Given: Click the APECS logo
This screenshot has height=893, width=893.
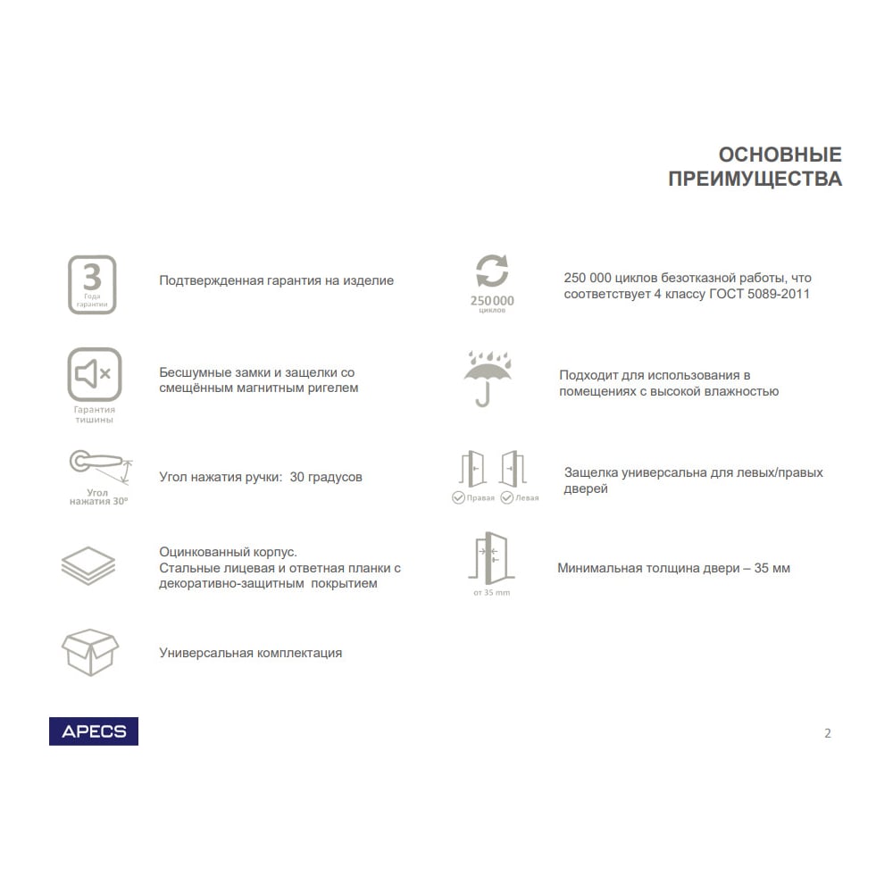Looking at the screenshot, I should coord(94,731).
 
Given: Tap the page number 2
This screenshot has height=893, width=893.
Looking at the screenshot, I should coord(827,733).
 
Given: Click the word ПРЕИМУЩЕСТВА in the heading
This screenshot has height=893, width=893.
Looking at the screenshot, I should coord(755,179).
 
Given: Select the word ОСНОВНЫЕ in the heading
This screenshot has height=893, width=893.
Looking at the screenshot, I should coord(780,154).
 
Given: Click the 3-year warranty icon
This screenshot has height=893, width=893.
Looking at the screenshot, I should coord(93,284).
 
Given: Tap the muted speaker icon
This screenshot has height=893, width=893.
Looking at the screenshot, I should coord(94,373).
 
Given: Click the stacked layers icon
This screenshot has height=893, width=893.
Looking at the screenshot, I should coord(88,566).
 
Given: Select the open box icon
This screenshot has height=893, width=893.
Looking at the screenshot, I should coord(89,651).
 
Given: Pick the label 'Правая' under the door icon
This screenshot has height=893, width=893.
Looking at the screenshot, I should coord(480,498).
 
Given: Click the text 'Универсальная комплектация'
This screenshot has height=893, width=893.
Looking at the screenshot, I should coord(250,653).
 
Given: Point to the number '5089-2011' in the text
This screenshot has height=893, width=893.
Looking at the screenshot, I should coord(780,294).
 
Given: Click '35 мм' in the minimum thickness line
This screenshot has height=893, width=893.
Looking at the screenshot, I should coord(772,568).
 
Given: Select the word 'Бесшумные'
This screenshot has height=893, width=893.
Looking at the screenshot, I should coord(191,372).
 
